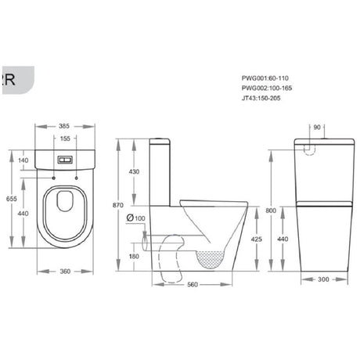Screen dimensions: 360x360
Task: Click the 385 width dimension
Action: [65, 125]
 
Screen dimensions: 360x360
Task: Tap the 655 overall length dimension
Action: [10, 200]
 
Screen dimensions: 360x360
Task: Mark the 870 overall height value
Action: [118, 205]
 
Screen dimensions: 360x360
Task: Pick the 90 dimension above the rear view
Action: [317, 127]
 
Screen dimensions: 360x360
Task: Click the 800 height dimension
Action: [270, 211]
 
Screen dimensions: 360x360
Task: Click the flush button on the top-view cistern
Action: [65, 159]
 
